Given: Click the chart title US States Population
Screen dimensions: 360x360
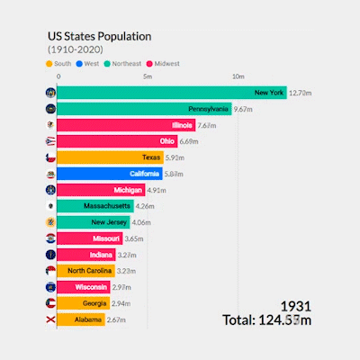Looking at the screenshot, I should point(99,37).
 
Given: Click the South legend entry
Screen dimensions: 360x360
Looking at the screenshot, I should point(58,64).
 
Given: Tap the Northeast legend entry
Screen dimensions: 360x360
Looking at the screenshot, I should point(127,64).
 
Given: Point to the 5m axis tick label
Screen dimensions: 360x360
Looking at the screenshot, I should point(148,78).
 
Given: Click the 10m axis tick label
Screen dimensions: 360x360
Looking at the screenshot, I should point(238,78).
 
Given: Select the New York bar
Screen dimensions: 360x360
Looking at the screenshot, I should point(171,93).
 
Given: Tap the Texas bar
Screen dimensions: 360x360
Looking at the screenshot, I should point(109,157).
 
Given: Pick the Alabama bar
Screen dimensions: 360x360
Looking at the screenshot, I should point(80,319).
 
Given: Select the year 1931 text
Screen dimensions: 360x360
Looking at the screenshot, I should point(298,306).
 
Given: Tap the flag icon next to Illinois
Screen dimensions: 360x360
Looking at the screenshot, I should point(49,125).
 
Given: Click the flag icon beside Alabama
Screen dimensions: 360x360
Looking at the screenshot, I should point(49,319).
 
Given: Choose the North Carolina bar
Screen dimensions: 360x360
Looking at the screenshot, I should point(85,271).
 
